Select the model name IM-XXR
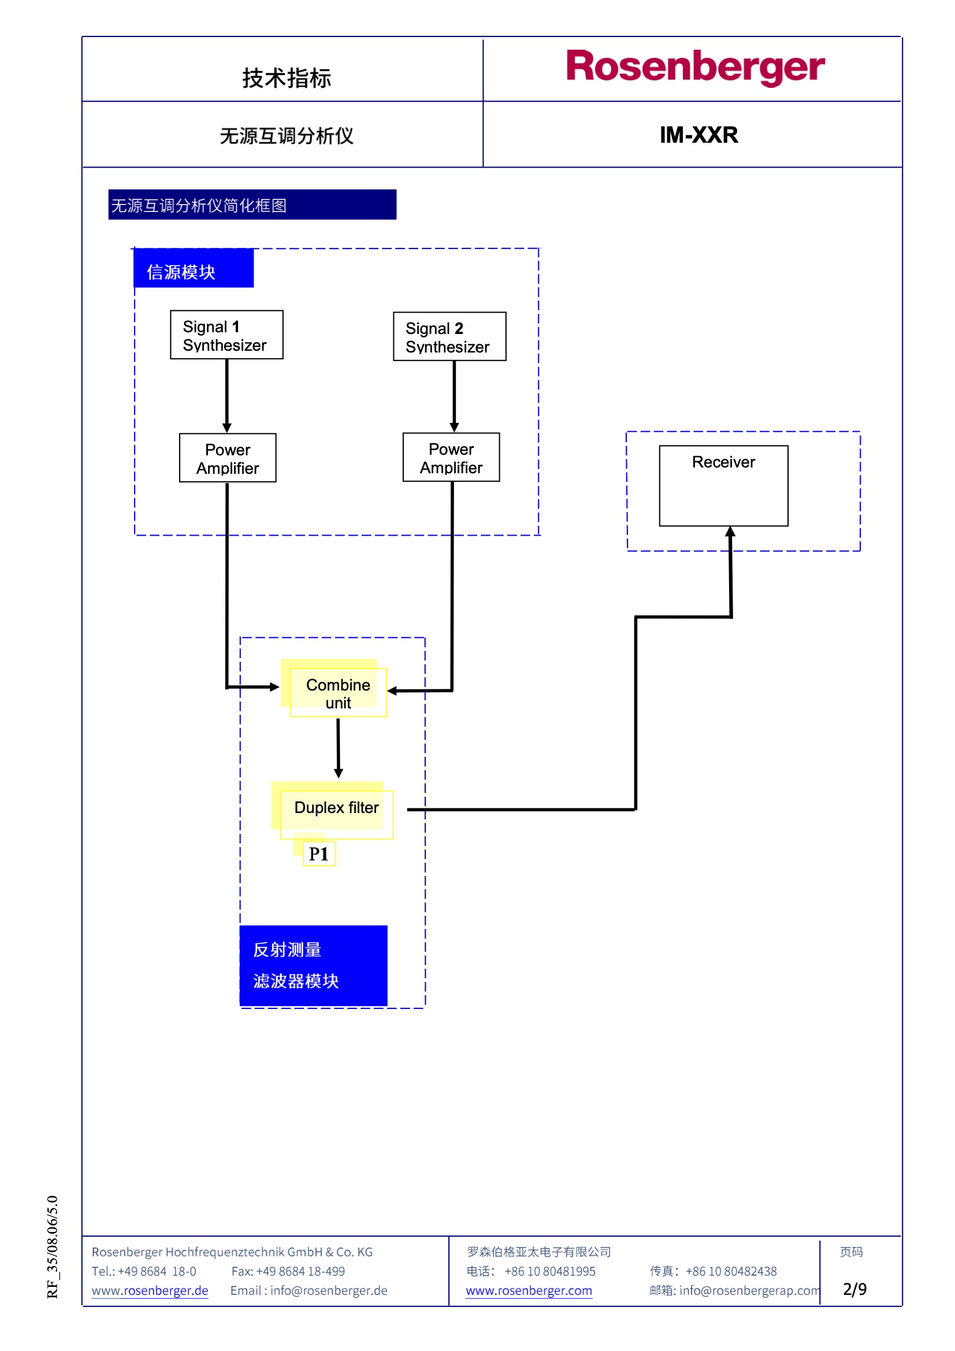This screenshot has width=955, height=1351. [698, 135]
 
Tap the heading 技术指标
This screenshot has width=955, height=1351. [287, 78]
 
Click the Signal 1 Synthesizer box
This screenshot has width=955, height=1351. [226, 335]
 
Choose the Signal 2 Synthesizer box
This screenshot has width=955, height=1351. [449, 336]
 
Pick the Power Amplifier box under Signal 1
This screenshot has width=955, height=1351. [228, 458]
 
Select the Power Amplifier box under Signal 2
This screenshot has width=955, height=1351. [451, 457]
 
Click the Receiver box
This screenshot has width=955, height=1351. [723, 485]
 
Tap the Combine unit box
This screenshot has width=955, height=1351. [339, 693]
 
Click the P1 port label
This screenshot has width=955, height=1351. [319, 854]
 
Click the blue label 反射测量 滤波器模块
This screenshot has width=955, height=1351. [313, 965]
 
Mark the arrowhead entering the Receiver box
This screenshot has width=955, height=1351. [730, 532]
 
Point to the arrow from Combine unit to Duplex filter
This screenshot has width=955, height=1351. [339, 748]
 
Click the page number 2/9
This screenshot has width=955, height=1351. [854, 1289]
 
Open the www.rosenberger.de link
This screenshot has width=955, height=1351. [150, 1290]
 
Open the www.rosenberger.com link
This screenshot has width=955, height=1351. [529, 1290]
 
